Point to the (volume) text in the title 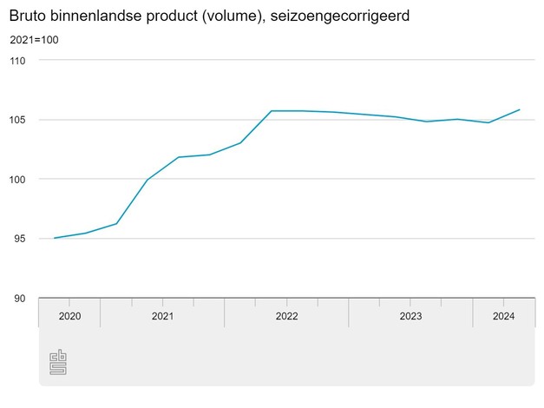[x=252, y=16]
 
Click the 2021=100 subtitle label [x=34, y=40]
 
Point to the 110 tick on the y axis [x=18, y=61]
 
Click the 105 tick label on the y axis [x=18, y=120]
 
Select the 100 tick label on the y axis [x=18, y=180]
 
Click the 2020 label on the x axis [x=69, y=316]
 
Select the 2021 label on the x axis [x=162, y=316]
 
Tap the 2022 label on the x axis [x=286, y=316]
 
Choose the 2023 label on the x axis [x=410, y=316]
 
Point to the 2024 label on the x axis [x=503, y=316]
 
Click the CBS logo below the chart [x=58, y=362]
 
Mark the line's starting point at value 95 [x=55, y=238]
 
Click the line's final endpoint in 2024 [x=519, y=110]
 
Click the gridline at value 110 [x=286, y=60]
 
